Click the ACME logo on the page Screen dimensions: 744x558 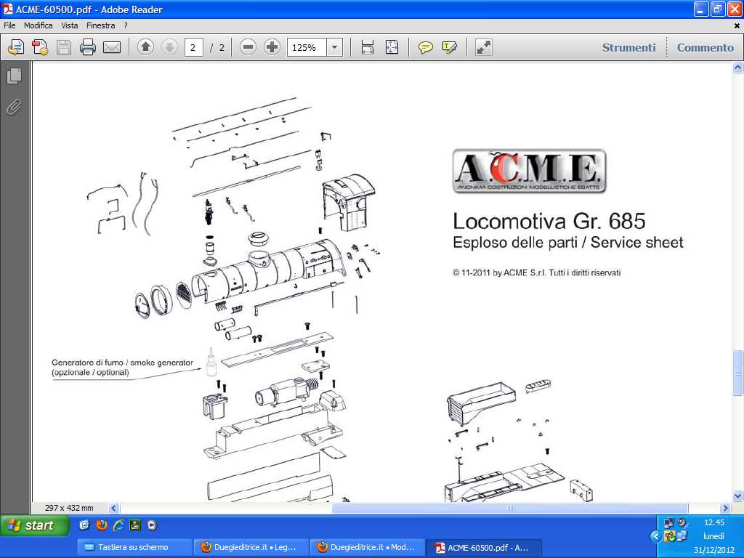tap(529, 171)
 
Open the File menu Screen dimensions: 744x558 tap(9, 25)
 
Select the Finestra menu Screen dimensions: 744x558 tap(100, 25)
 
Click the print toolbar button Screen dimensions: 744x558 tap(88, 47)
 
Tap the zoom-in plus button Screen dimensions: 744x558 tap(272, 47)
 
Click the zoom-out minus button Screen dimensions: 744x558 tap(248, 47)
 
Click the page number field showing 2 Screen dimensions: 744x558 tap(193, 47)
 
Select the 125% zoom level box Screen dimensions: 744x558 tap(307, 47)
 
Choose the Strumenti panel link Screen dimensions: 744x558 tap(628, 47)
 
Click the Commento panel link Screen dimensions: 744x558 tap(705, 47)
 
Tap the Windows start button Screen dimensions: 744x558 tap(34, 525)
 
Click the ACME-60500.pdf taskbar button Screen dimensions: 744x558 tap(484, 547)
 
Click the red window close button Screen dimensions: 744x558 tap(735, 9)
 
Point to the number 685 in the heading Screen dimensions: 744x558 tap(627, 221)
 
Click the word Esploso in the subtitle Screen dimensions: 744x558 tap(476, 243)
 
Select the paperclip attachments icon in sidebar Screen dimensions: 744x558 tap(14, 108)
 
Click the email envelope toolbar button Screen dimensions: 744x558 tap(112, 47)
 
